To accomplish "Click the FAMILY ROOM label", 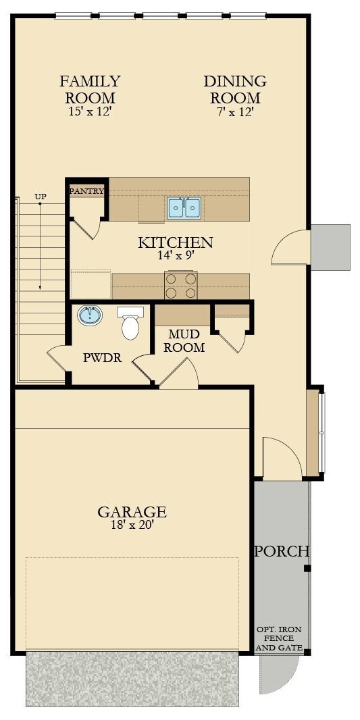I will pos(90,89).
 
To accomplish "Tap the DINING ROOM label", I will pos(235,89).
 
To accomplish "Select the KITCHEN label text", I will pos(176,242).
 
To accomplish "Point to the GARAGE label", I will pos(132,511).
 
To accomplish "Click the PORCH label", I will pos(282,551).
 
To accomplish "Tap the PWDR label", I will pos(103,358).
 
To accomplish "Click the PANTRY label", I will pos(87,191).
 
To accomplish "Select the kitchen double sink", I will pos(184,207).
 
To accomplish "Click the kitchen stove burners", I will pos(181,285).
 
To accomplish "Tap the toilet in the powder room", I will pos(130,324).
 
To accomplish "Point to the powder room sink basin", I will pos(89,315).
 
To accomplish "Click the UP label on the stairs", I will pos(41,197).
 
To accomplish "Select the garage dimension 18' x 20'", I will pos(132,525).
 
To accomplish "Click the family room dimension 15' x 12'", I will pos(90,112).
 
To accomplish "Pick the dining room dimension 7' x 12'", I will pos(235,112).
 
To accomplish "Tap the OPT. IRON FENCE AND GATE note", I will pos(279,638).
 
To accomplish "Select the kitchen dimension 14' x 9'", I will pos(176,255).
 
